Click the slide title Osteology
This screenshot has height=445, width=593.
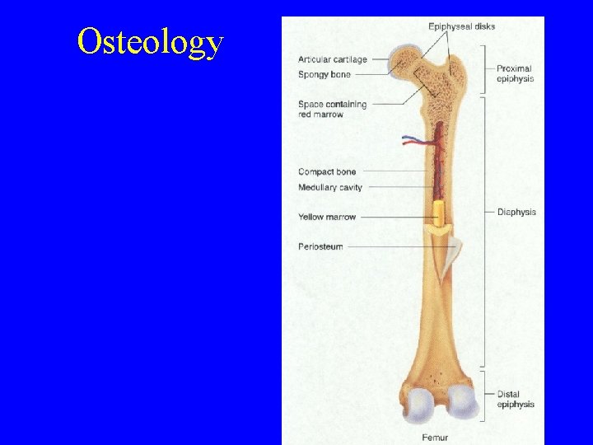pyautogui.click(x=150, y=41)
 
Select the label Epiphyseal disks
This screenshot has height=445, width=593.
pyautogui.click(x=461, y=26)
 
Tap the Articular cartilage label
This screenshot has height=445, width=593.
pyautogui.click(x=333, y=59)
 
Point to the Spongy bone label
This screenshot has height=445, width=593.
pyautogui.click(x=325, y=75)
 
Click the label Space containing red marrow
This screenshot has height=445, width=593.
pyautogui.click(x=332, y=110)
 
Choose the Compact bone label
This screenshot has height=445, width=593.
pyautogui.click(x=327, y=171)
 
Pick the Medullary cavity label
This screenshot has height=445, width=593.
pyautogui.click(x=330, y=188)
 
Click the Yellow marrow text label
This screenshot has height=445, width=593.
pyautogui.click(x=327, y=217)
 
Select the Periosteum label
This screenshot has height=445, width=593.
pyautogui.click(x=320, y=246)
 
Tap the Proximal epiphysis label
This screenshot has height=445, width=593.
pyautogui.click(x=515, y=74)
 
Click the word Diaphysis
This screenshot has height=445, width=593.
pyautogui.click(x=516, y=212)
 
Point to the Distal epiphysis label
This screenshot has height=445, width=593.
pyautogui.click(x=516, y=400)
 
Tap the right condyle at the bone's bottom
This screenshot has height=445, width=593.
pyautogui.click(x=464, y=403)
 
